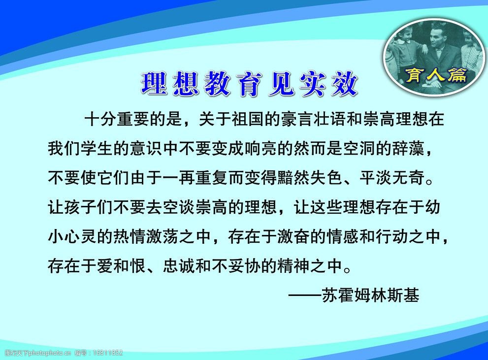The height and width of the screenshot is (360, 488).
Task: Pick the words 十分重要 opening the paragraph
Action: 117,119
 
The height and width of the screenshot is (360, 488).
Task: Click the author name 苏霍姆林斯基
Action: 370,295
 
